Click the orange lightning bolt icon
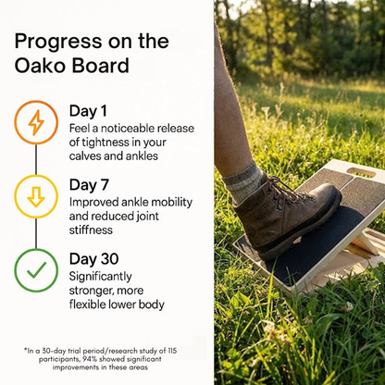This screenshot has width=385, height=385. click(36, 122)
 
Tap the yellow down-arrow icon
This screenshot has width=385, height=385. click(36, 196)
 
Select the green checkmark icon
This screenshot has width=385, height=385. click(36, 270)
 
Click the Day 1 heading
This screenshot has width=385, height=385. click(89, 111)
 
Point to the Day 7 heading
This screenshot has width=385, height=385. click(90, 185)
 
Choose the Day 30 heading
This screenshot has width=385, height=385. click(94, 259)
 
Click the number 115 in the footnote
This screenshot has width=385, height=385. click(181, 350)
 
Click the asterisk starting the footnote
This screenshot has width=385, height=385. click(26, 350)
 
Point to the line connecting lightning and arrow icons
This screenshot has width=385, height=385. click(36, 159)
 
